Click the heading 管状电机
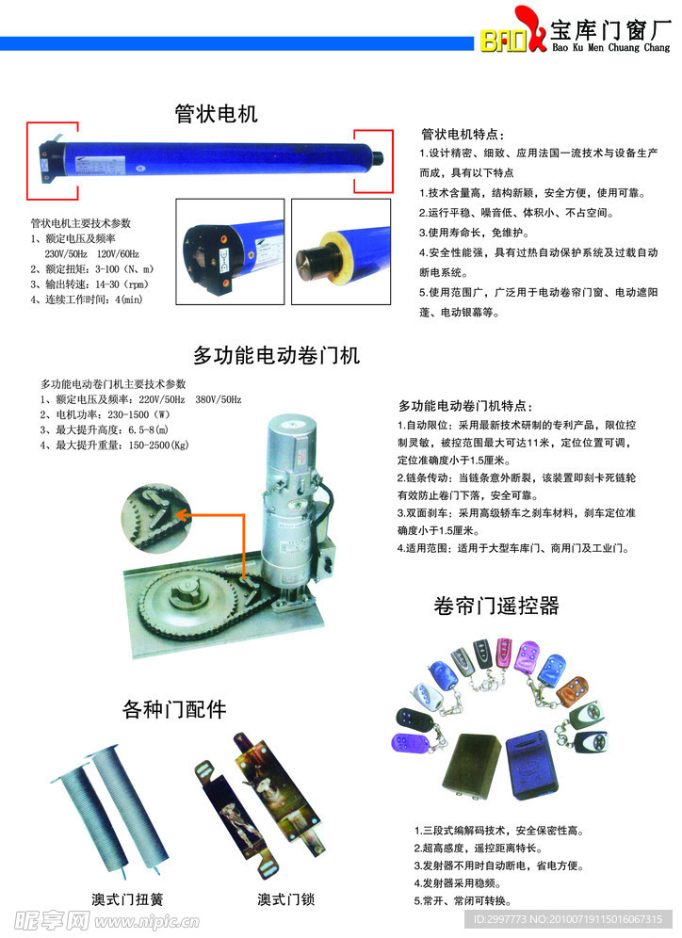point(216,114)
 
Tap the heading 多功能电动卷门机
point(276,355)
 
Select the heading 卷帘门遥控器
point(496,606)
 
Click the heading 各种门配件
point(174,709)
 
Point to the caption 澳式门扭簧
point(127,899)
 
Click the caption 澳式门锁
point(286,899)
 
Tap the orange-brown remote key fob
point(573,691)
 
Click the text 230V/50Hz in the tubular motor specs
point(66,253)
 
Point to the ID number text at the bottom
point(568,919)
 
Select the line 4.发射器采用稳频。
point(457,883)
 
